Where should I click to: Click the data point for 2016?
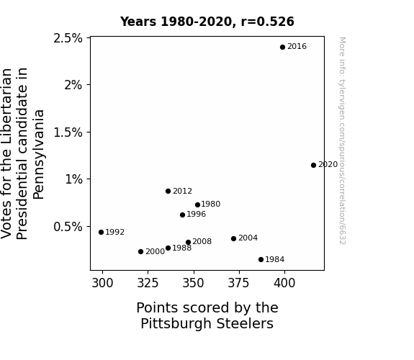coord(282,48)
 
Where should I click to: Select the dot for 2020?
coord(313,166)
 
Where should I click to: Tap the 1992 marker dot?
coord(101,232)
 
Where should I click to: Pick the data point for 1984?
coord(261,260)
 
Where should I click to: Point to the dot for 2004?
coord(234,239)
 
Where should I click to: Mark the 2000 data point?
coord(140,252)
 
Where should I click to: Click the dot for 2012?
coord(168,192)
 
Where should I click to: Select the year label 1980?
coord(211,204)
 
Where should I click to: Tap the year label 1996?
coord(196,215)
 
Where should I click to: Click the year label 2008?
coord(202,242)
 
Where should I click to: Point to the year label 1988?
coord(182,248)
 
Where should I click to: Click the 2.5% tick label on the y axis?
coord(68,39)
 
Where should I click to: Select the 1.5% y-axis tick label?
coord(68,132)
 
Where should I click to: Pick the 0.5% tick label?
coord(68,227)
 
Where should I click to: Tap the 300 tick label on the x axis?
coord(102,283)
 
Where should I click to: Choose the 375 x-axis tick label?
coord(239,283)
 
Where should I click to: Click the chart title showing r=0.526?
coord(207,22)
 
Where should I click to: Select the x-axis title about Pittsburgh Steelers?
coord(207,315)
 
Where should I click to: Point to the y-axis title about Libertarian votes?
coord(22,153)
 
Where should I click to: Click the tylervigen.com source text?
coord(342,141)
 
